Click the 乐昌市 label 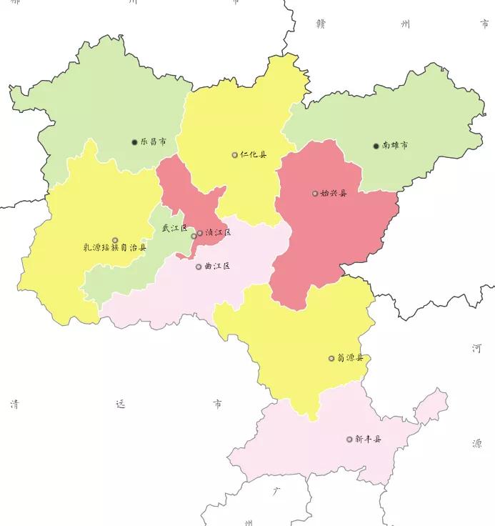(153, 142)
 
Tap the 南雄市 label (395, 146)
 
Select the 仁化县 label (253, 154)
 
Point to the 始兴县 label (333, 193)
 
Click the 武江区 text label (174, 229)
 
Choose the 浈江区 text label (218, 233)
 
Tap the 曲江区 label (217, 267)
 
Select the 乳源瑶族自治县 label (115, 249)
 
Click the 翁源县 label (350, 358)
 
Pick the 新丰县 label (368, 439)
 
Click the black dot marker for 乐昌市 (134, 142)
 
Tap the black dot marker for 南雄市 (376, 146)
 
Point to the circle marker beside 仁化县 (234, 154)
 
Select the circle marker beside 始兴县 (315, 193)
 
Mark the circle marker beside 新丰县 (349, 439)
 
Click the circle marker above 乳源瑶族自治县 (115, 239)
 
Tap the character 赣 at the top (321, 24)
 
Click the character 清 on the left (14, 405)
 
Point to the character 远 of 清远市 (119, 405)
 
